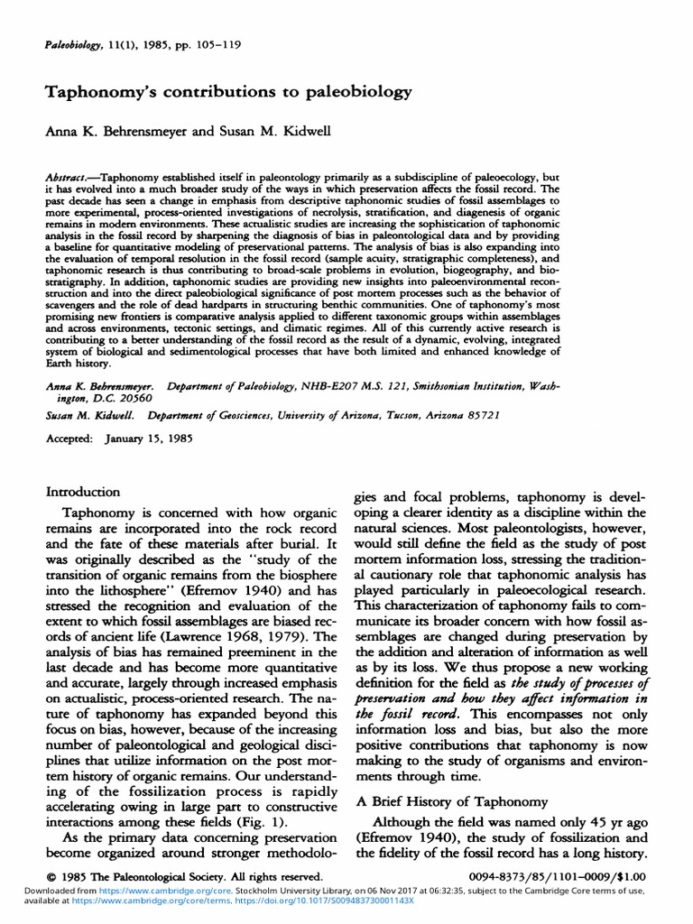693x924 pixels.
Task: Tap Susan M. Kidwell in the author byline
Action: (x=273, y=131)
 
